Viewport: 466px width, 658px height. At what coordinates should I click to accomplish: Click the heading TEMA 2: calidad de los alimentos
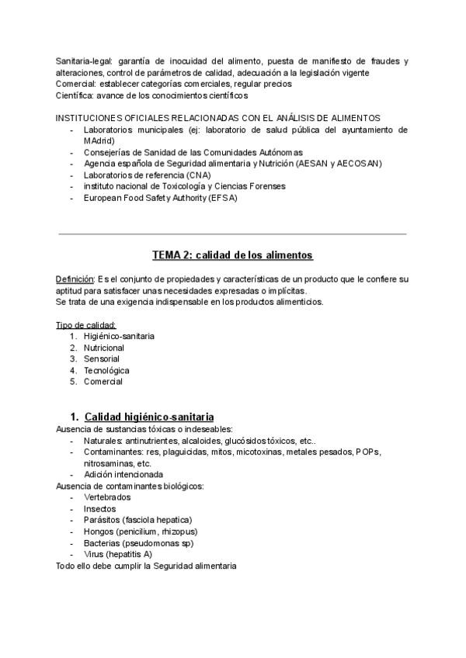tap(232, 255)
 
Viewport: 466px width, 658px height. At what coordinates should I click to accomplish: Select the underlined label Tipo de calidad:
tap(86, 324)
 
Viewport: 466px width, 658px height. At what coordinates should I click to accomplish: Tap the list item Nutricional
tap(104, 348)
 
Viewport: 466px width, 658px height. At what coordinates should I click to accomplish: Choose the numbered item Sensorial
tap(102, 359)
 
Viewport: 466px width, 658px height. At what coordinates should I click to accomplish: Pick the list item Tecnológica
tap(106, 370)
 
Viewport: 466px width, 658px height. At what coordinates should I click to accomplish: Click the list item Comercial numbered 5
tap(103, 382)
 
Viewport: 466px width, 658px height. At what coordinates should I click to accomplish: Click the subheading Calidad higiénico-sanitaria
tap(149, 417)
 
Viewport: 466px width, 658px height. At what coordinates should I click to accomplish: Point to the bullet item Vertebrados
tap(107, 497)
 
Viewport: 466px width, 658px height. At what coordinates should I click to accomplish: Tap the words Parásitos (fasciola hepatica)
tap(137, 520)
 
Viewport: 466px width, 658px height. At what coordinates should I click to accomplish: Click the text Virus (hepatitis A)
tap(118, 554)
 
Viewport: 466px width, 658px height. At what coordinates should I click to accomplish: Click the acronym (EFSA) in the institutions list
tap(222, 198)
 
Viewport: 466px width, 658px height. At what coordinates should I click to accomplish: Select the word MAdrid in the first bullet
tap(97, 141)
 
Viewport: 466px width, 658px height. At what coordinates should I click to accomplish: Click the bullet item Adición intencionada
tap(123, 474)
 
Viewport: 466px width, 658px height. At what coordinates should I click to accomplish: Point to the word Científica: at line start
tap(76, 95)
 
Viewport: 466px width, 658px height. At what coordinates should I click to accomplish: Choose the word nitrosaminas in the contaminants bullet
tap(110, 462)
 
